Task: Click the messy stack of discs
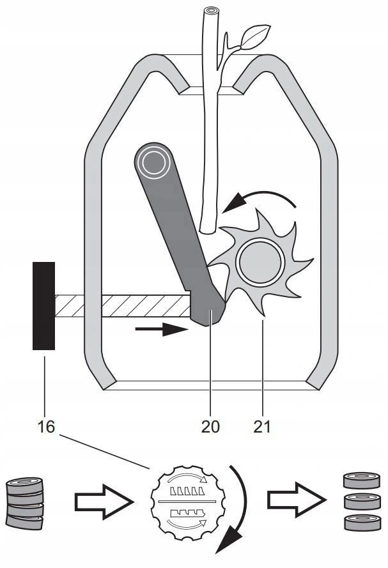pos(24,503)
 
